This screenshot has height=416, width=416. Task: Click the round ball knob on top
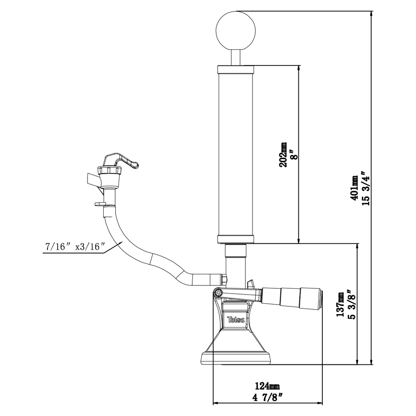236,30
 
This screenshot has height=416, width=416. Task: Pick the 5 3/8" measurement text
352,304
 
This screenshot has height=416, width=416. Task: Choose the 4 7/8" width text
267,397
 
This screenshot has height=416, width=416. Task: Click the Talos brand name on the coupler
236,319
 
